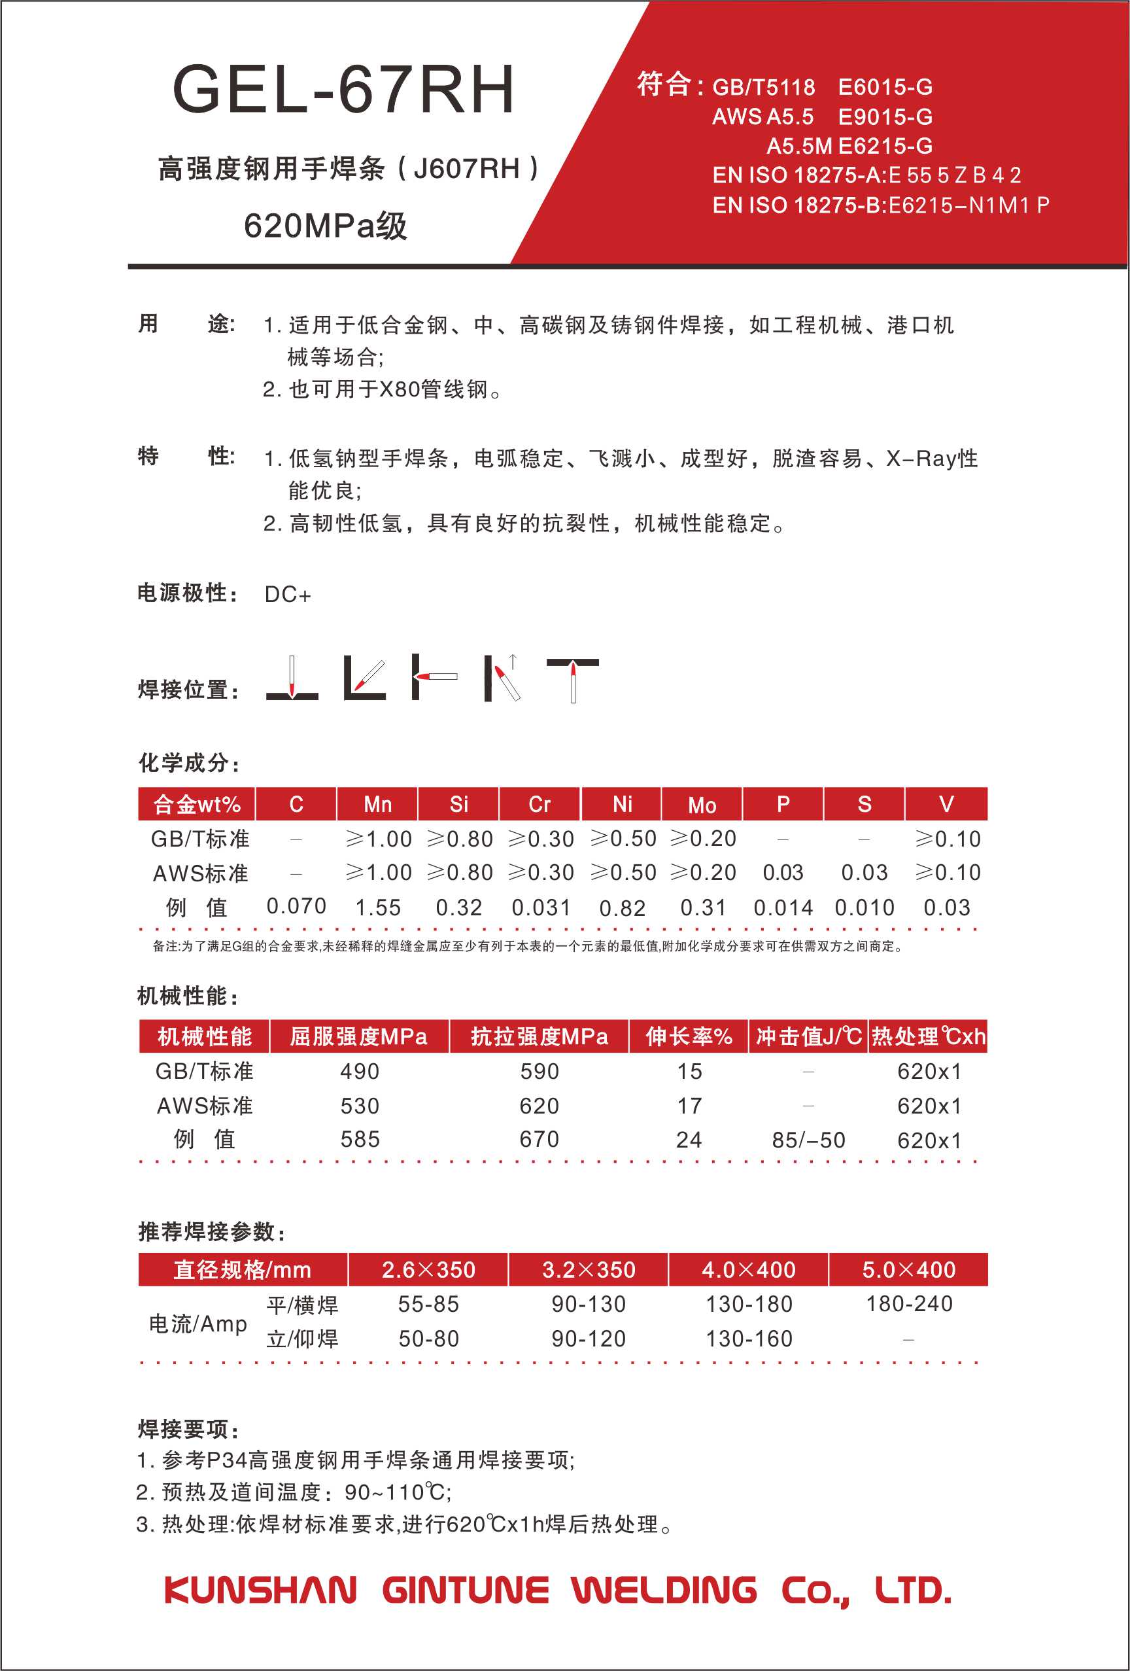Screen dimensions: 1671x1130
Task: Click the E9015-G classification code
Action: (x=885, y=116)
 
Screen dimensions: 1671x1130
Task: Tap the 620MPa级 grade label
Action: (x=326, y=226)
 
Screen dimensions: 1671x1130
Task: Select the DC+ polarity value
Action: (x=288, y=595)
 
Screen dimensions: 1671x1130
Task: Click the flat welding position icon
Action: (x=292, y=678)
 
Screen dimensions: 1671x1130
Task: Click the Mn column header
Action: (x=377, y=804)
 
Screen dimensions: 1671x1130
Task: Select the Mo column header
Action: (x=702, y=805)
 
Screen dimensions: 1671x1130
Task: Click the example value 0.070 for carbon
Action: (x=296, y=906)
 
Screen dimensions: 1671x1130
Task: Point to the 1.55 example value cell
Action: (x=378, y=907)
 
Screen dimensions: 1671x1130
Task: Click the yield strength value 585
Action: (x=360, y=1139)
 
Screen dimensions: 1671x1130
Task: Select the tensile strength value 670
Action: (x=539, y=1139)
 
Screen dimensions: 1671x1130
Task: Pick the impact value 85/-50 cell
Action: (x=809, y=1140)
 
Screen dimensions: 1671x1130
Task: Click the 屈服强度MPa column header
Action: (x=359, y=1036)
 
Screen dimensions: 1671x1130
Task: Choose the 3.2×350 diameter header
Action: (x=589, y=1269)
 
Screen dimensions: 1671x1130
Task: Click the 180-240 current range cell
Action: (x=910, y=1303)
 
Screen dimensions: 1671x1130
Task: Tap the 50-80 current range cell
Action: (x=428, y=1338)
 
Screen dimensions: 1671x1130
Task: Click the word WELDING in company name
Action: (x=664, y=1591)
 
